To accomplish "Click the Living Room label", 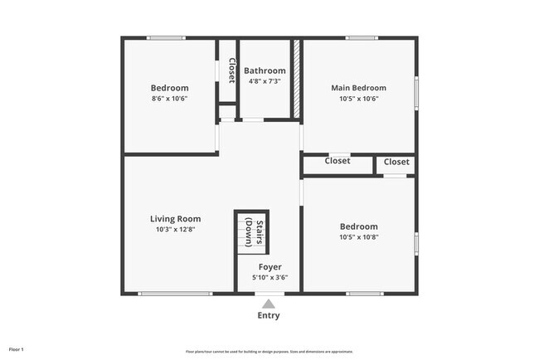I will click(175, 219).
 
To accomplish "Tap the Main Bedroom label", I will click(358, 88).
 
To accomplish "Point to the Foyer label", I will click(269, 267).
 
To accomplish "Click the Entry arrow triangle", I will click(269, 304).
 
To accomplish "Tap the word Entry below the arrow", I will click(269, 315).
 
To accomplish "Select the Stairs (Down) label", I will click(259, 232).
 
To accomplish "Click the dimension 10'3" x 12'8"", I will click(175, 230).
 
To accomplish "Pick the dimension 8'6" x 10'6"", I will click(169, 99).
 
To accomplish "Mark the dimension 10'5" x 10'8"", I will click(358, 237).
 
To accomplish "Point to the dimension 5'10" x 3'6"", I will click(269, 278).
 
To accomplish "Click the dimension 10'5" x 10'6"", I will click(358, 99).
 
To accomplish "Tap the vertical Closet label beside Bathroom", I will click(231, 70).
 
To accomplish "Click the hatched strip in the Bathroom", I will click(295, 79).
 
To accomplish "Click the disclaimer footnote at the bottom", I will click(269, 351).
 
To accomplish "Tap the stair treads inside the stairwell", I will click(245, 231).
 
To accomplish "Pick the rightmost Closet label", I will click(396, 162).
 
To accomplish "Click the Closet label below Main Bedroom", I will click(337, 161).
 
